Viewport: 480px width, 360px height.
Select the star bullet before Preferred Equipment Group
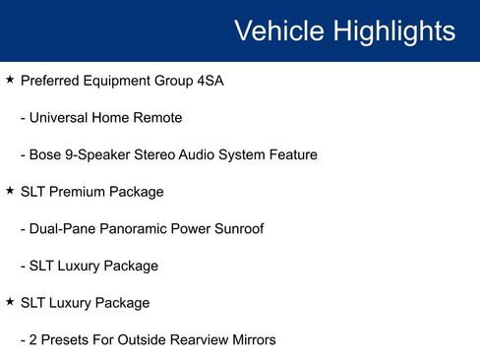point(10,80)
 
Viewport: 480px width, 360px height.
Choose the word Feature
point(291,155)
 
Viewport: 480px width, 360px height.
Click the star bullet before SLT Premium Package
point(10,191)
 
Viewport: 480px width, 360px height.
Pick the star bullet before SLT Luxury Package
point(10,302)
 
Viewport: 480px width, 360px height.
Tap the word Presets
point(68,340)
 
